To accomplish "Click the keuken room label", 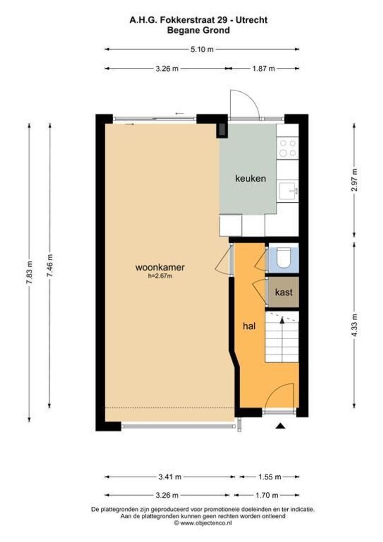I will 251,178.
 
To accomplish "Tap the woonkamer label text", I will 160,267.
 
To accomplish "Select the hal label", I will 249,326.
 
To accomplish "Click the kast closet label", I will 283,292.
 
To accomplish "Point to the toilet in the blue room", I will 283,258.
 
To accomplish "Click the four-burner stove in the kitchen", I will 288,148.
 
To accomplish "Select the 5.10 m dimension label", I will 202,49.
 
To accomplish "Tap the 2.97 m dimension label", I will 354,179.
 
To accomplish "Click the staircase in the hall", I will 281,336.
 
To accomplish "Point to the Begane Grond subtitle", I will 199,30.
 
